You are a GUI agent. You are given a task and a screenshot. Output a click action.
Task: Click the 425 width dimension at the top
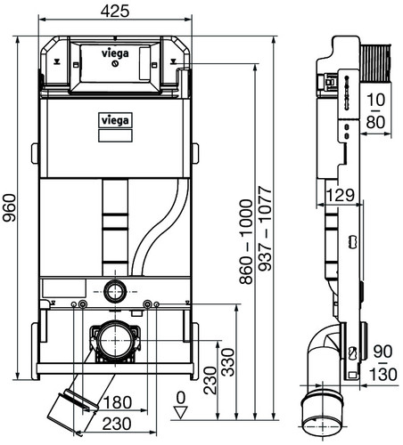pyautogui.click(x=115, y=12)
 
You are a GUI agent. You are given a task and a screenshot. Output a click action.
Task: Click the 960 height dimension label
pyautogui.click(x=9, y=207)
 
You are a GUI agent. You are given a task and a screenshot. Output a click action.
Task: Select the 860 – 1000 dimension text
pyautogui.click(x=246, y=242)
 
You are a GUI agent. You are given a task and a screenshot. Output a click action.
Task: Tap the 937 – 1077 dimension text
pyautogui.click(x=265, y=229)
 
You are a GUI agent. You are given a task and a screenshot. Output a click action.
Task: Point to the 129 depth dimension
pyautogui.click(x=341, y=195)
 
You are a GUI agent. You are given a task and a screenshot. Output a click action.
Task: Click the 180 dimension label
pyautogui.click(x=118, y=402)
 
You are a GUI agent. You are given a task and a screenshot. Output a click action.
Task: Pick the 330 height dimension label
pyautogui.click(x=228, y=362)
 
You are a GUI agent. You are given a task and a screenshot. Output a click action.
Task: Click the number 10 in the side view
pyautogui.click(x=376, y=100)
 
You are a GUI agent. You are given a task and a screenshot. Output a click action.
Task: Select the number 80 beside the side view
pyautogui.click(x=375, y=122)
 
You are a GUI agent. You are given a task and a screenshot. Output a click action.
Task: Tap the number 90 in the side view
pyautogui.click(x=382, y=352)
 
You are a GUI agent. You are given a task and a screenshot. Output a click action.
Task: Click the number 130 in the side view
pyautogui.click(x=383, y=375)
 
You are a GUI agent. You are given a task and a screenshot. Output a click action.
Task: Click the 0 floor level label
pyautogui.click(x=181, y=398)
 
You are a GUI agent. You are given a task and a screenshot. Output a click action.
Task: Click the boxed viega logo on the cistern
pyautogui.click(x=115, y=121)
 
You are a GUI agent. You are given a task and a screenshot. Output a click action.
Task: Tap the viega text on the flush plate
pyautogui.click(x=115, y=53)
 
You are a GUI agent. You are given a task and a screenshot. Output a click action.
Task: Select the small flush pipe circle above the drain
pyautogui.click(x=115, y=291)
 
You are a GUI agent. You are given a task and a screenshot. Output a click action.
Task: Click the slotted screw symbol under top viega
pyautogui.click(x=115, y=63)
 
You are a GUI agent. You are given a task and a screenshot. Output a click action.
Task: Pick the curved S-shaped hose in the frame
pyautogui.click(x=160, y=227)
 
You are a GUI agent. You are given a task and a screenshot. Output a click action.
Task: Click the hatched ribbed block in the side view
pyautogui.click(x=375, y=63)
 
